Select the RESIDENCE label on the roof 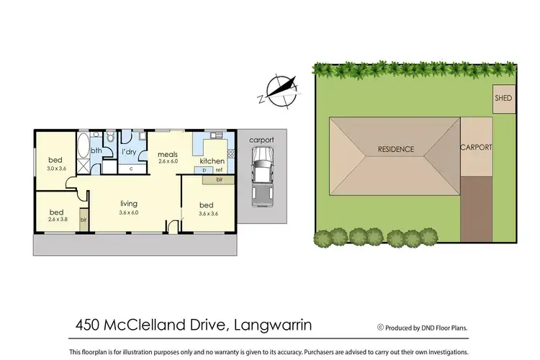pos(396,150)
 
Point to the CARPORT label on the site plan pos(476,147)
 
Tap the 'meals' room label pos(168,153)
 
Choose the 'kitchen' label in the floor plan pos(212,161)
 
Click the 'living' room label pos(130,204)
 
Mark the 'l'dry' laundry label pos(130,152)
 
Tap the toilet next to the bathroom pos(110,136)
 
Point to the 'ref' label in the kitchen pos(219,170)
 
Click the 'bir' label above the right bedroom pos(218,179)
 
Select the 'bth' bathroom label pos(96,150)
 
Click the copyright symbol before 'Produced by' pos(380,327)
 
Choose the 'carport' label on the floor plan pos(261,140)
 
